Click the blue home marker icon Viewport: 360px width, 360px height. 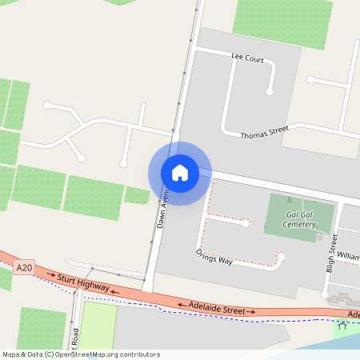(180, 173)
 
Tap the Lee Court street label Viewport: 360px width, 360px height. (247, 58)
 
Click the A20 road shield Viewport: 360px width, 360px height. (24, 270)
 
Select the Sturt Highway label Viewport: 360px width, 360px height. (84, 282)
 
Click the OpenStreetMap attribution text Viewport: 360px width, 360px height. (81, 354)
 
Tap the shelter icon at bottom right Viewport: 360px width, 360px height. (343, 326)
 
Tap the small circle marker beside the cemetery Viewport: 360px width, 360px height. (320, 237)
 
